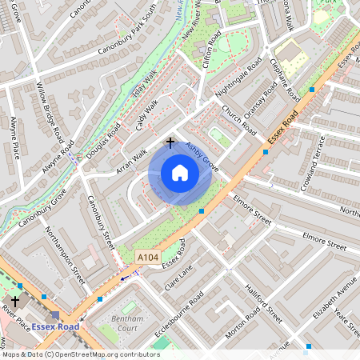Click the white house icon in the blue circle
tap(180, 173)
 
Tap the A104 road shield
tap(146, 257)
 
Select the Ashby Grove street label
tap(202, 155)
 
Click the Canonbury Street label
tap(102, 222)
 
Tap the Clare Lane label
tap(180, 278)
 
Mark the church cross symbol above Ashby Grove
tap(170, 142)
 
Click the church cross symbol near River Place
tap(14, 302)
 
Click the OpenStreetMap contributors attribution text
tap(80, 354)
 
